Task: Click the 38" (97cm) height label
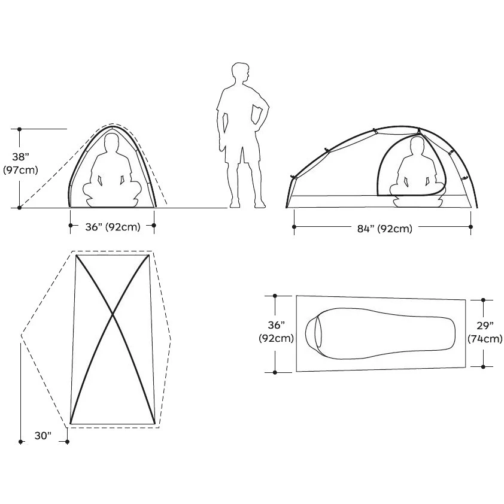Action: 20,163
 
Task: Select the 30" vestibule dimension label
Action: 43,436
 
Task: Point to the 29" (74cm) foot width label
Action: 485,332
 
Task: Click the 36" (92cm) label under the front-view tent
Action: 113,227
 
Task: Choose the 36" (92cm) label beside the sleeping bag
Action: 276,332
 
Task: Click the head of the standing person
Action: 240,73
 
